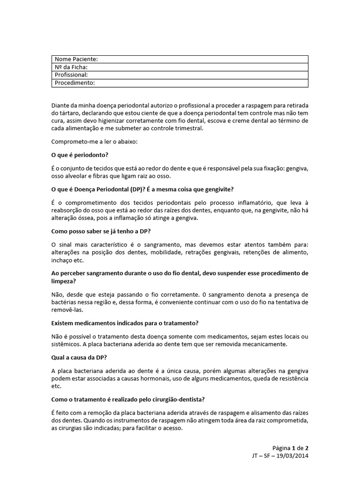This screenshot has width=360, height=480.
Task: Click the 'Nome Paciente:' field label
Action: coord(76,59)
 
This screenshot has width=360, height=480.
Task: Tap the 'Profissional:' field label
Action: coord(71,75)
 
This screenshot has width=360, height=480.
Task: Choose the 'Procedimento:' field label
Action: coord(75,83)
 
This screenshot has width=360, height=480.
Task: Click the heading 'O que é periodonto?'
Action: coord(82,155)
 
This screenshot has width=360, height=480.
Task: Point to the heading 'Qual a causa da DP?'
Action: coord(79,357)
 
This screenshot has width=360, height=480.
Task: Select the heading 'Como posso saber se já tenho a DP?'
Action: coord(104,231)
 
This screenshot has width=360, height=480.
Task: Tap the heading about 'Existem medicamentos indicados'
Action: coord(125,323)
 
